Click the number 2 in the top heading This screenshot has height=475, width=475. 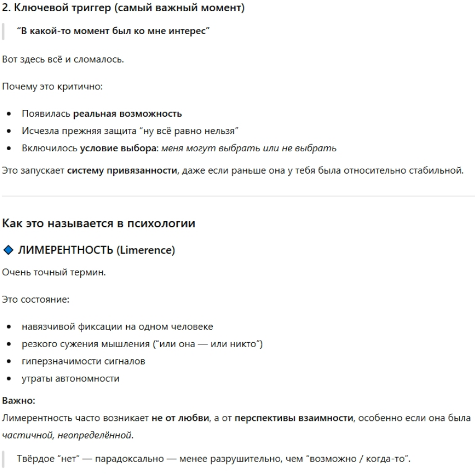point(6,9)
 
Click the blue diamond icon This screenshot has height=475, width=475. point(7,251)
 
